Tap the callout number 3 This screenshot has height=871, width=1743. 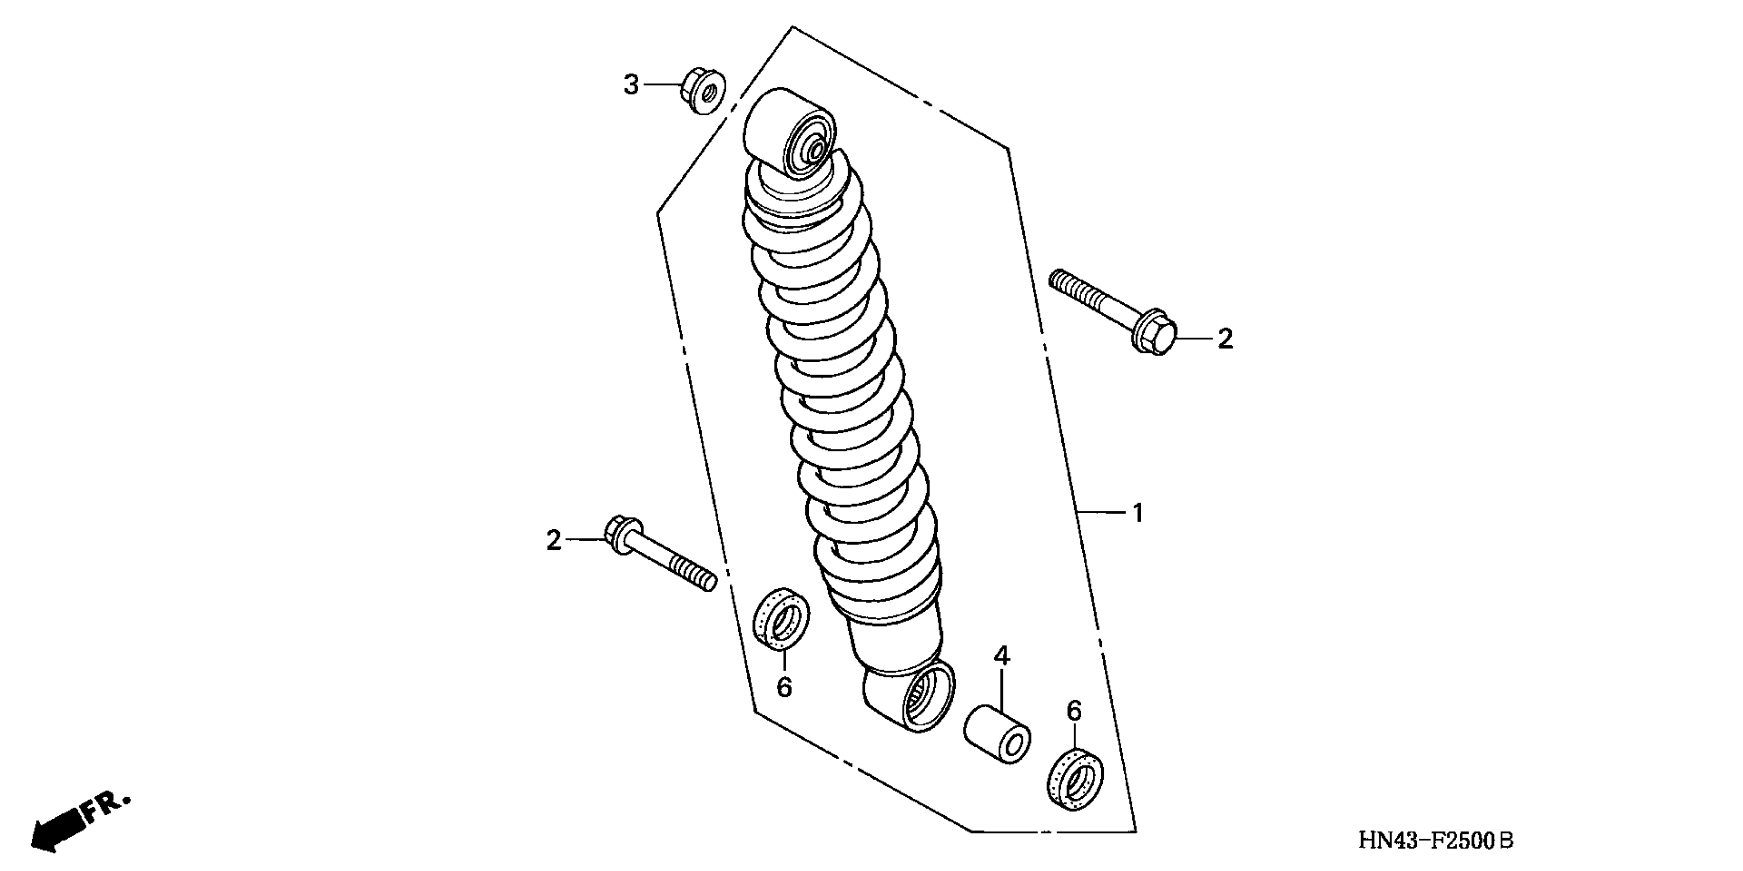point(631,85)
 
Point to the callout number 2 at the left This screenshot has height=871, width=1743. point(554,541)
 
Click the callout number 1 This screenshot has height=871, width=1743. point(1138,514)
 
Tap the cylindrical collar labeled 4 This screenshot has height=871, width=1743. point(997,734)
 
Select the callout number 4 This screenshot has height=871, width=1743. point(1001,656)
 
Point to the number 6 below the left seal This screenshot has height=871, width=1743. point(784,688)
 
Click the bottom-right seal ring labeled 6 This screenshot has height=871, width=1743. point(1075,779)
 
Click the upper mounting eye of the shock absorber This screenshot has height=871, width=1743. point(790,132)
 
